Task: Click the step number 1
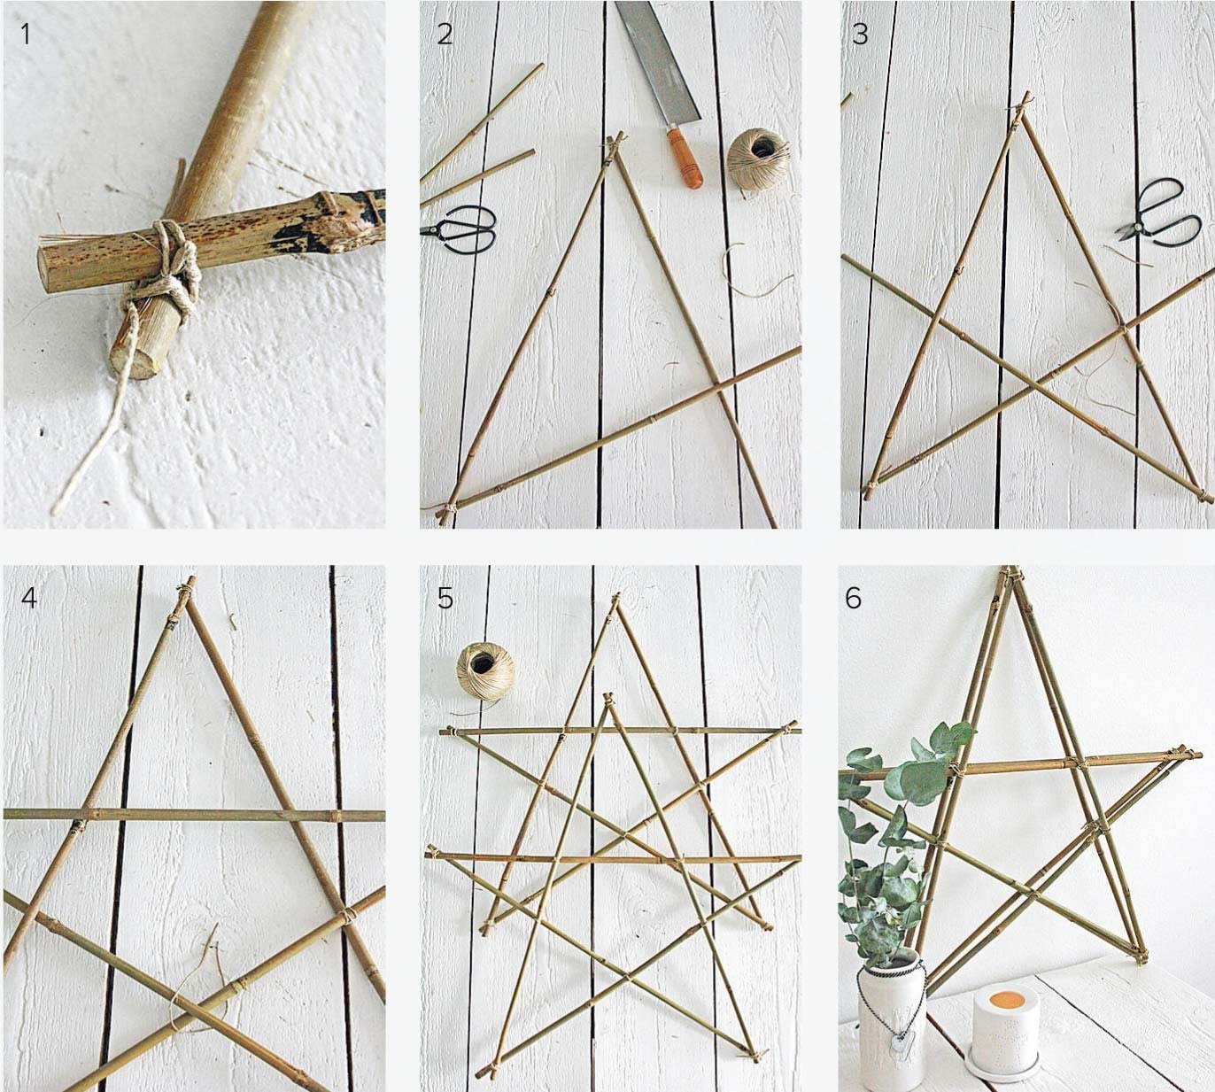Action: (25, 34)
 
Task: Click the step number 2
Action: (445, 34)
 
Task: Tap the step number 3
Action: (860, 34)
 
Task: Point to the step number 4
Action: (28, 597)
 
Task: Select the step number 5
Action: (445, 598)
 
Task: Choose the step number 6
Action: (854, 598)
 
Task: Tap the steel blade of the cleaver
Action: (657, 60)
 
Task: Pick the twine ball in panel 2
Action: (759, 159)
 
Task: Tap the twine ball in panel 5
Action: (486, 671)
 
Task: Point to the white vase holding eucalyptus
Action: (893, 1025)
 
